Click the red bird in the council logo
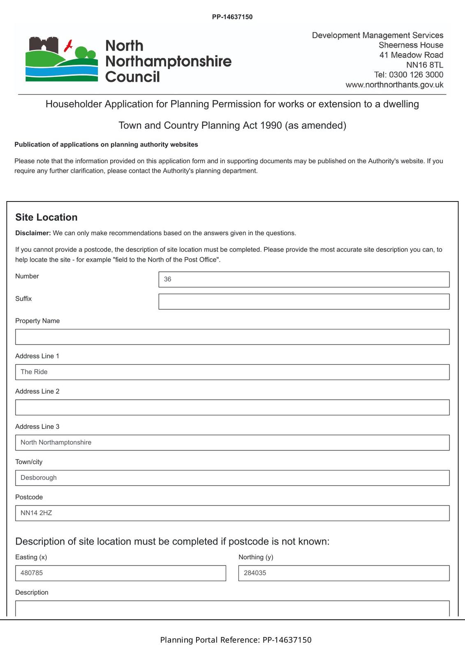tap(69, 45)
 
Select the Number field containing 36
tap(303, 279)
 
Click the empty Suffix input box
tap(303, 301)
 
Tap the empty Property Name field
tap(232, 337)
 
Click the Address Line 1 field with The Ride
tap(232, 372)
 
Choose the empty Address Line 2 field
tap(232, 408)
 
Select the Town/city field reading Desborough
tap(232, 478)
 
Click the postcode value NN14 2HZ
tap(37, 513)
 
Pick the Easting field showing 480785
tap(120, 573)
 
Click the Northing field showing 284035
tap(344, 573)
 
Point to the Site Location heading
tap(46, 218)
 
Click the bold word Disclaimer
tap(33, 233)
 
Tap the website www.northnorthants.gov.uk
tap(394, 85)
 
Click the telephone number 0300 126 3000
tap(416, 75)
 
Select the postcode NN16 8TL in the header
tap(425, 65)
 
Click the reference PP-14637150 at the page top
tap(232, 17)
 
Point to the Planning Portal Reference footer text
tap(236, 640)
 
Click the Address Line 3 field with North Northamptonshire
tap(232, 443)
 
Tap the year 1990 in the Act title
tap(271, 125)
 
